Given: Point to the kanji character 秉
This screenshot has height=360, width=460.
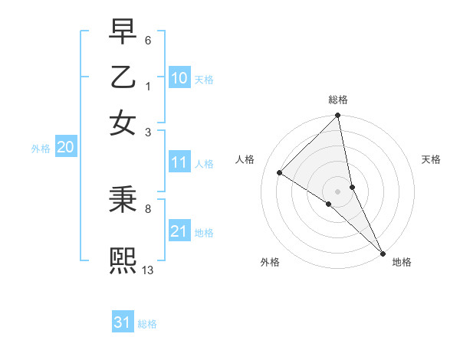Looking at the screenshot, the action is click(x=123, y=200).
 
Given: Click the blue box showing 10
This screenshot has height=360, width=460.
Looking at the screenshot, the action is click(x=179, y=78).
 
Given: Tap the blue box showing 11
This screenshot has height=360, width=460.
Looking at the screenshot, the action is click(x=179, y=162).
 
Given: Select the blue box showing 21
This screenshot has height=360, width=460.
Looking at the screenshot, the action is click(x=179, y=231).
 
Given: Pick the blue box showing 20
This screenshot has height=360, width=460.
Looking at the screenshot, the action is click(x=65, y=148).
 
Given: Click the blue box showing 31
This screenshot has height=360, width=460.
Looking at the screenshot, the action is click(x=123, y=322).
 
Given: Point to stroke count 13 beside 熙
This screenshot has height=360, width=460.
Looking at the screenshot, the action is click(x=148, y=270).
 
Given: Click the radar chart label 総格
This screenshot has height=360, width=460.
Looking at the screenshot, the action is click(x=338, y=100).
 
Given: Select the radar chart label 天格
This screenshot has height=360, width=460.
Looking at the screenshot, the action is click(x=431, y=159).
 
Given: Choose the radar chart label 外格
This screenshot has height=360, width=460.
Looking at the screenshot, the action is click(x=270, y=262).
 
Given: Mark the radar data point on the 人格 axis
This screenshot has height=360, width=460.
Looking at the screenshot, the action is click(x=280, y=173).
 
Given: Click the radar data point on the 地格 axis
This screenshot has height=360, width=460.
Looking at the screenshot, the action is click(x=383, y=253).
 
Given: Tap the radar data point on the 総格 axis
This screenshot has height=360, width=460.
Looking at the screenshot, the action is click(x=338, y=116).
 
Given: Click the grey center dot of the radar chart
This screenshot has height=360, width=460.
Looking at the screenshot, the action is click(x=338, y=191).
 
